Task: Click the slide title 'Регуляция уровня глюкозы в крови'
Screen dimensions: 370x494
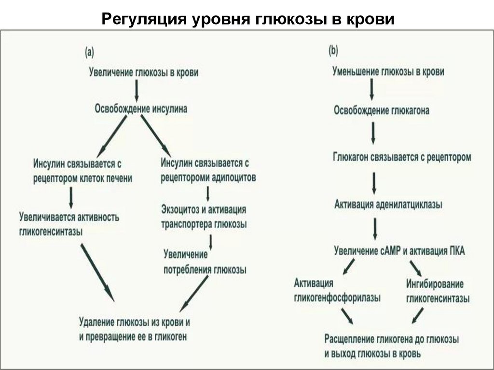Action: [x=247, y=19]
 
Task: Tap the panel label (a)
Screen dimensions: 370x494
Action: [x=90, y=52]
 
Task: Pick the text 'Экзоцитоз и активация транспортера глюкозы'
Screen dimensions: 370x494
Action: [x=204, y=217]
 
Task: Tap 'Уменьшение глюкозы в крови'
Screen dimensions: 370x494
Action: [x=388, y=72]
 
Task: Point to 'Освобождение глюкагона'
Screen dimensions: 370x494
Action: [x=382, y=110]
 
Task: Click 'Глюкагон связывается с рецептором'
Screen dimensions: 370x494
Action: [x=402, y=157]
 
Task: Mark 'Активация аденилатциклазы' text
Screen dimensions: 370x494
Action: [x=388, y=204]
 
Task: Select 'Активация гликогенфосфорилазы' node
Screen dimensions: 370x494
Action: [x=337, y=290]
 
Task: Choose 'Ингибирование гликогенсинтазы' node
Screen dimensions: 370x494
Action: [x=438, y=291]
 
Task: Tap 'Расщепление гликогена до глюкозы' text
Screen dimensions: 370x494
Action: [x=391, y=339]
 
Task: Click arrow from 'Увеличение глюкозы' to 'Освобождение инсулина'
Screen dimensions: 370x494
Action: [x=137, y=91]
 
